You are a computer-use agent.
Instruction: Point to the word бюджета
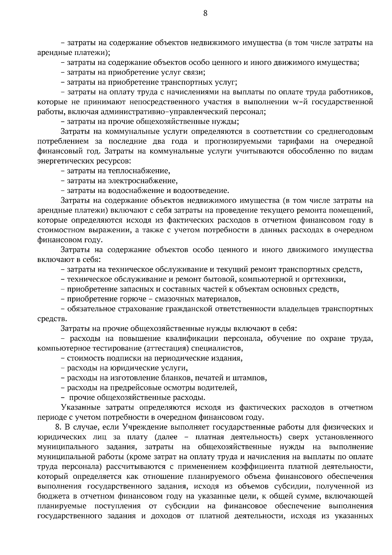point(53,496)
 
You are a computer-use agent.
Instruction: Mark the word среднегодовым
point(347,132)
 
